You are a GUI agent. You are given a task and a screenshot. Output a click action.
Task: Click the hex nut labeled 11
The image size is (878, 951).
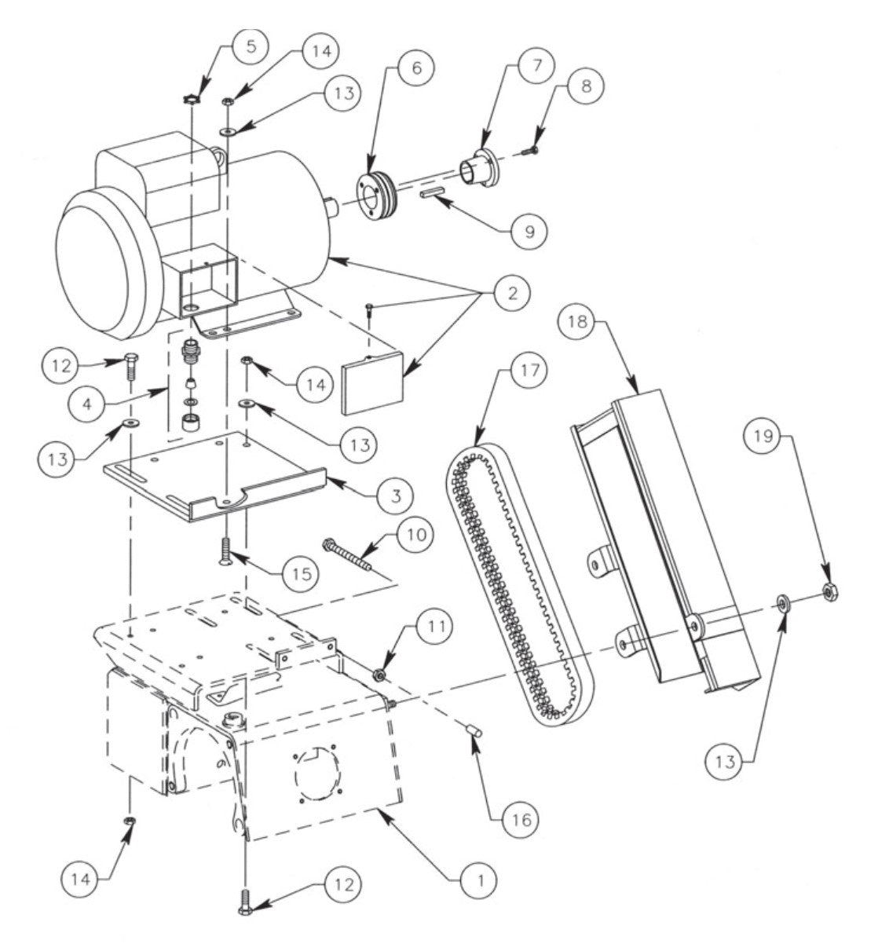point(379,674)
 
